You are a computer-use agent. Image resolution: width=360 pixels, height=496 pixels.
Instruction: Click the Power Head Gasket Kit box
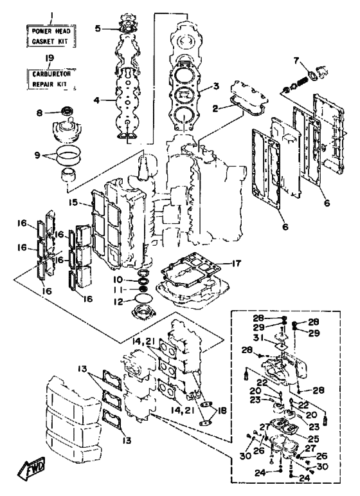click(51, 36)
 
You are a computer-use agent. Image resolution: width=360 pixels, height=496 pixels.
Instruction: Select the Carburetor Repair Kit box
click(51, 78)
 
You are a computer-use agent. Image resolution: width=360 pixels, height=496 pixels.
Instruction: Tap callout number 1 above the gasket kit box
click(52, 15)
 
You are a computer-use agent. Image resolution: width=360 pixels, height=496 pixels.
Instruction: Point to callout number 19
click(50, 58)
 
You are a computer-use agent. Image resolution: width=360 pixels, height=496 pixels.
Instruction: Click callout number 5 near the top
click(98, 28)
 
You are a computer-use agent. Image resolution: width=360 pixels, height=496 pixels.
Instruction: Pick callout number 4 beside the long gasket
click(96, 100)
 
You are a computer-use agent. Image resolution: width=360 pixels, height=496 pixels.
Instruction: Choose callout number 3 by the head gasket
click(216, 86)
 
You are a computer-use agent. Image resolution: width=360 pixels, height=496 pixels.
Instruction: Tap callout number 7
click(296, 60)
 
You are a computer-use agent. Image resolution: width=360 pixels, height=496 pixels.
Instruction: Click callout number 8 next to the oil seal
click(39, 113)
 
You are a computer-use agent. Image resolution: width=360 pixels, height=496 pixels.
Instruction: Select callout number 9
click(37, 155)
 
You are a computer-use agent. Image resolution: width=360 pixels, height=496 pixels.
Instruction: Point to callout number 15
click(73, 202)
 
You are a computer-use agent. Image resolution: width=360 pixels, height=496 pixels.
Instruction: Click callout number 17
click(236, 263)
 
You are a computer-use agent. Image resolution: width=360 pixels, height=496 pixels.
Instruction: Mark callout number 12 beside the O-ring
click(118, 302)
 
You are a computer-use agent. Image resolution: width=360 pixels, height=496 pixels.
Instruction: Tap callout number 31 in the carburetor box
click(258, 338)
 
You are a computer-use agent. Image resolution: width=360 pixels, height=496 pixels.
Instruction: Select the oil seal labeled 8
click(67, 111)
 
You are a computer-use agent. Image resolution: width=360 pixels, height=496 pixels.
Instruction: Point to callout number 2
click(215, 109)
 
